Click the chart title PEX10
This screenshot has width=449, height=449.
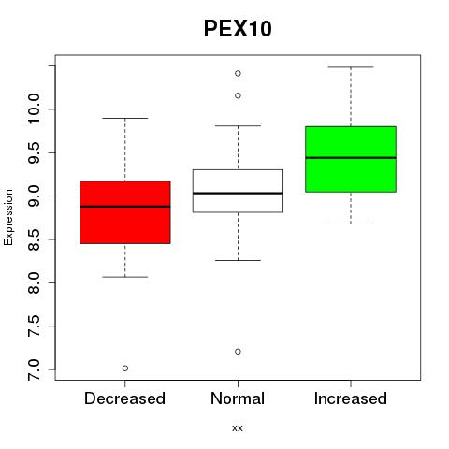238,29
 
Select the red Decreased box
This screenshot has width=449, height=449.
125,212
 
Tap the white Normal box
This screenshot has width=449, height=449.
238,191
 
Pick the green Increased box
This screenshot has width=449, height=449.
351,159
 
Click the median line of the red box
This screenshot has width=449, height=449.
125,207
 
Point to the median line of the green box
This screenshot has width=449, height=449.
351,158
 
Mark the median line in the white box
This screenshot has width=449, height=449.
238,194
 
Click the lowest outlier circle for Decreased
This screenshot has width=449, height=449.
125,369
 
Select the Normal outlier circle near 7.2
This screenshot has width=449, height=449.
238,352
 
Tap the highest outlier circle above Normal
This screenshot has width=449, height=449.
238,73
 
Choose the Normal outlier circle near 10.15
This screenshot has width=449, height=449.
238,95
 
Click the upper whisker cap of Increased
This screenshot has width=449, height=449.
351,67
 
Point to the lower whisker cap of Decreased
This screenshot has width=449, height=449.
125,277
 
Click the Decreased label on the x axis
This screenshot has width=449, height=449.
124,398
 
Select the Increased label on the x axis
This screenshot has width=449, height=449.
351,398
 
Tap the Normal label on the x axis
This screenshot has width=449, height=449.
238,398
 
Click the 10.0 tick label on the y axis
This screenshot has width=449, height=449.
34,109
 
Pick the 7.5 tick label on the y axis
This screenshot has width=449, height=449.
34,326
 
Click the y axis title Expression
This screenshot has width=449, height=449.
8,217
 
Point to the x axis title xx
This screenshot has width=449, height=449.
238,428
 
